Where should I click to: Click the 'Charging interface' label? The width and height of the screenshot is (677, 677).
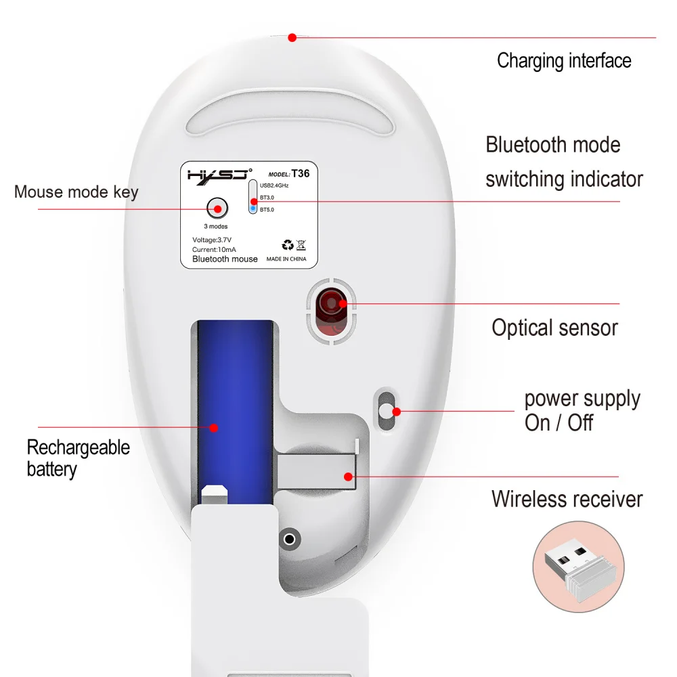point(564,60)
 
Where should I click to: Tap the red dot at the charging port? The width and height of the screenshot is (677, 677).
point(292,37)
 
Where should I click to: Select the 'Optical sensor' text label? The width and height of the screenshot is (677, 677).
point(554,328)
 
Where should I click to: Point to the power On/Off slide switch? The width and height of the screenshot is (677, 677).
point(387,410)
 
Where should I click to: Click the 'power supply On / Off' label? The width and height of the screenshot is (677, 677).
point(582,411)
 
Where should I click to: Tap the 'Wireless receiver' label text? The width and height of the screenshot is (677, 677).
point(567,499)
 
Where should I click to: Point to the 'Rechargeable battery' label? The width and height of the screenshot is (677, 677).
point(78,458)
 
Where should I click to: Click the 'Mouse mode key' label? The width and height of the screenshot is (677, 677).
point(76,192)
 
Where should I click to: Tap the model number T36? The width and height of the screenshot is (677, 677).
point(300,173)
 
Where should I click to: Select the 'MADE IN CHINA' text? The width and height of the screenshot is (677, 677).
point(286,259)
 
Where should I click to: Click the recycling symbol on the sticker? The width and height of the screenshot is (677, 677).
point(287,245)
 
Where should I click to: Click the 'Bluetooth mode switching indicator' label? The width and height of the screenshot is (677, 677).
point(563,162)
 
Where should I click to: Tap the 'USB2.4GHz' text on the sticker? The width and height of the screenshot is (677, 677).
point(274,184)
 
